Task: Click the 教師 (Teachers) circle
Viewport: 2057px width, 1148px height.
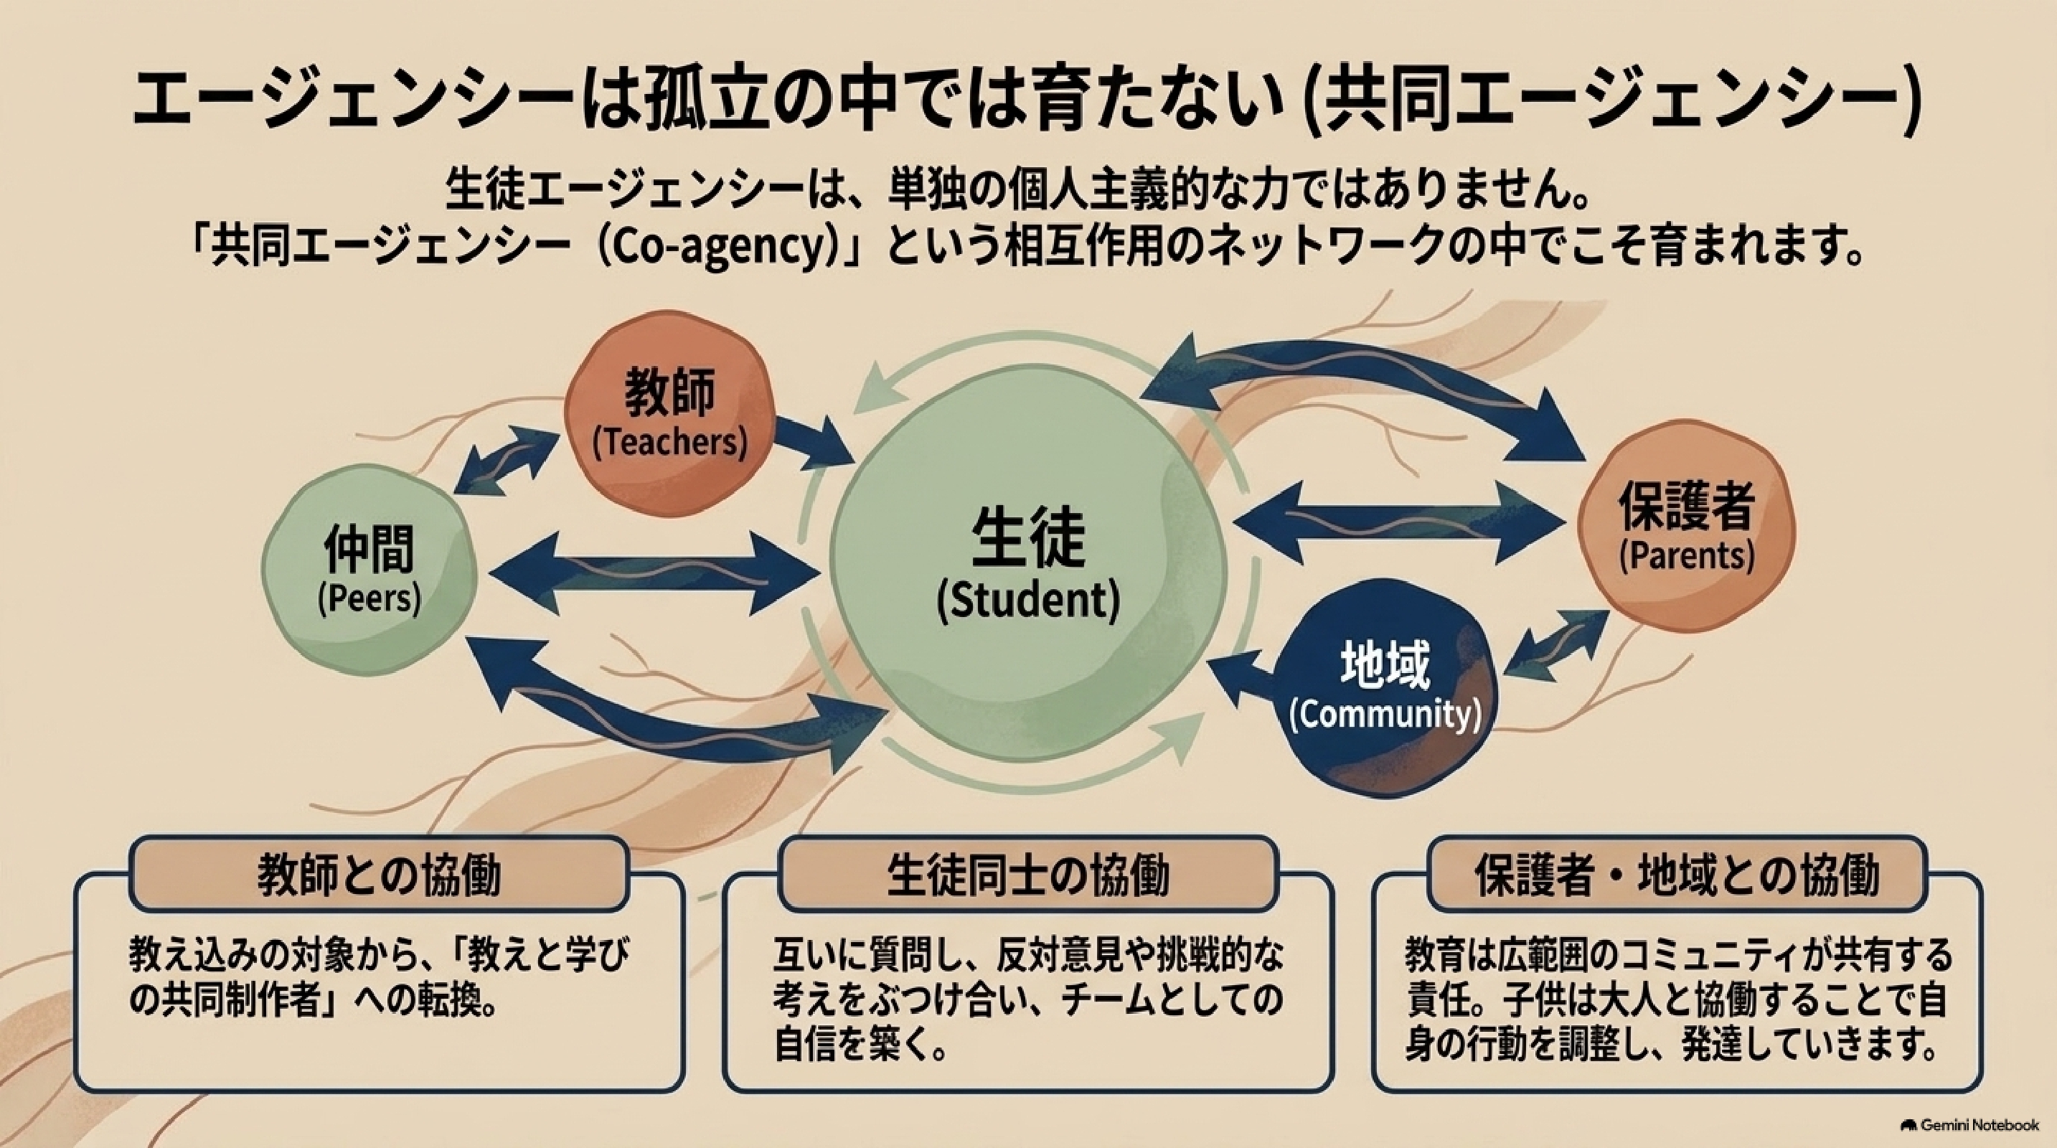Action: click(x=669, y=413)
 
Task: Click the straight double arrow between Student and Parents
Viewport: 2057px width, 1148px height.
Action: click(x=1398, y=523)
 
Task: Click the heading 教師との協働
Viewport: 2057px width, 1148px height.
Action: click(x=379, y=875)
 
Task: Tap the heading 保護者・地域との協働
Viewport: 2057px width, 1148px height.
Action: click(x=1677, y=875)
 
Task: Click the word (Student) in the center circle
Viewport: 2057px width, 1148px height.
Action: click(x=1027, y=601)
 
